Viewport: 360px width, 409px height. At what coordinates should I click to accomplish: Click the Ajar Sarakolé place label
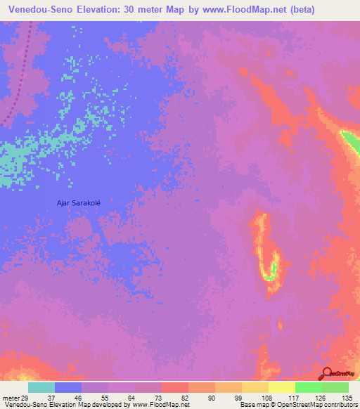(79, 202)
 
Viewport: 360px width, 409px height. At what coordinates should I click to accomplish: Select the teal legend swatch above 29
(41, 387)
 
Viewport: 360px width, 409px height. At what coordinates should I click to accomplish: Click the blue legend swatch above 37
(68, 387)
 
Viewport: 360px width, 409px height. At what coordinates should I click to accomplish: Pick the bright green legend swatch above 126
(309, 387)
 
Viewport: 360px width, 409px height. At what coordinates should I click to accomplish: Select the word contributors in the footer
(340, 405)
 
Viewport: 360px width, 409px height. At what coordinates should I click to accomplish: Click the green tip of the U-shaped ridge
(269, 276)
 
